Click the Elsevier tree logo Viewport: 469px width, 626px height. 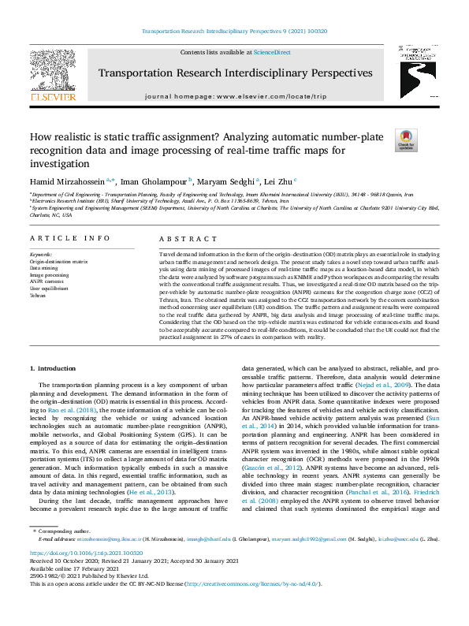pos(53,71)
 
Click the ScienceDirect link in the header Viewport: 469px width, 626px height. pos(272,53)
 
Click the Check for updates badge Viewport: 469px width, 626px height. pos(406,141)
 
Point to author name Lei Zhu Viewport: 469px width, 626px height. pos(277,181)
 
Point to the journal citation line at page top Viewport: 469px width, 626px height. pos(233,32)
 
